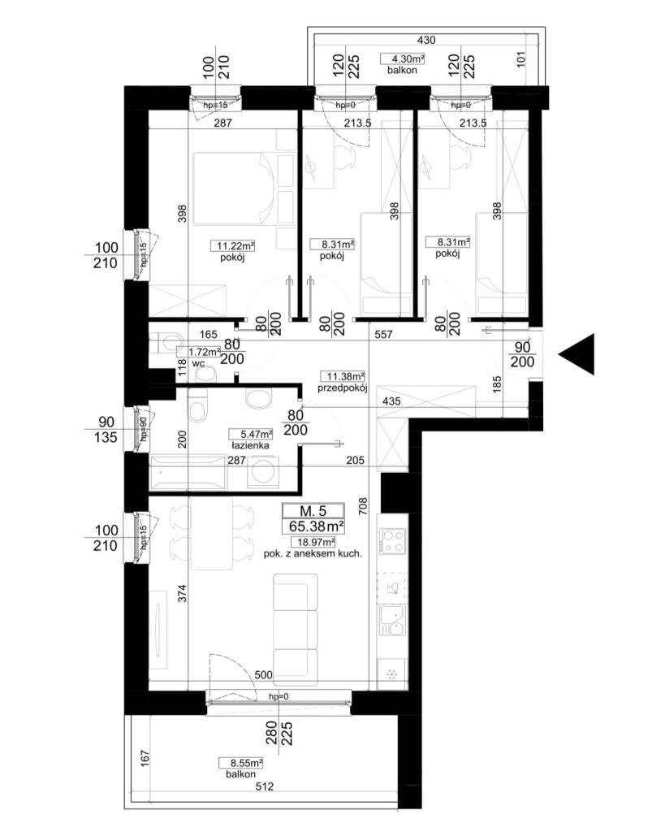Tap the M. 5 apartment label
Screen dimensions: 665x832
pos(313,511)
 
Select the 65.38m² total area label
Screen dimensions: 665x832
pos(313,526)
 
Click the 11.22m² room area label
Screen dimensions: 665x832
pos(234,246)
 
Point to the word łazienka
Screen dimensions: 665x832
pos(249,446)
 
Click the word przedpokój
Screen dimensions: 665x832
pos(343,388)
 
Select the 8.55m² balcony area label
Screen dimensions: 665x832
pos(241,763)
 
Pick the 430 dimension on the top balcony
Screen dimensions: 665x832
pos(426,40)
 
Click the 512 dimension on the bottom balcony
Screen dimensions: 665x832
pos(265,786)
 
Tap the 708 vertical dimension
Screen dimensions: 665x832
pos(363,507)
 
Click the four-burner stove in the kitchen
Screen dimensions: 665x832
pos(392,542)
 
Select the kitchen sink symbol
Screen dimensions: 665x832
pos(392,620)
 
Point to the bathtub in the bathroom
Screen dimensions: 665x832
pos(188,472)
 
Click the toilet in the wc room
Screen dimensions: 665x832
pos(166,344)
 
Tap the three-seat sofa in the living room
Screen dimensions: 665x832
pos(296,630)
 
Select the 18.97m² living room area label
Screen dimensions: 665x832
pos(313,542)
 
